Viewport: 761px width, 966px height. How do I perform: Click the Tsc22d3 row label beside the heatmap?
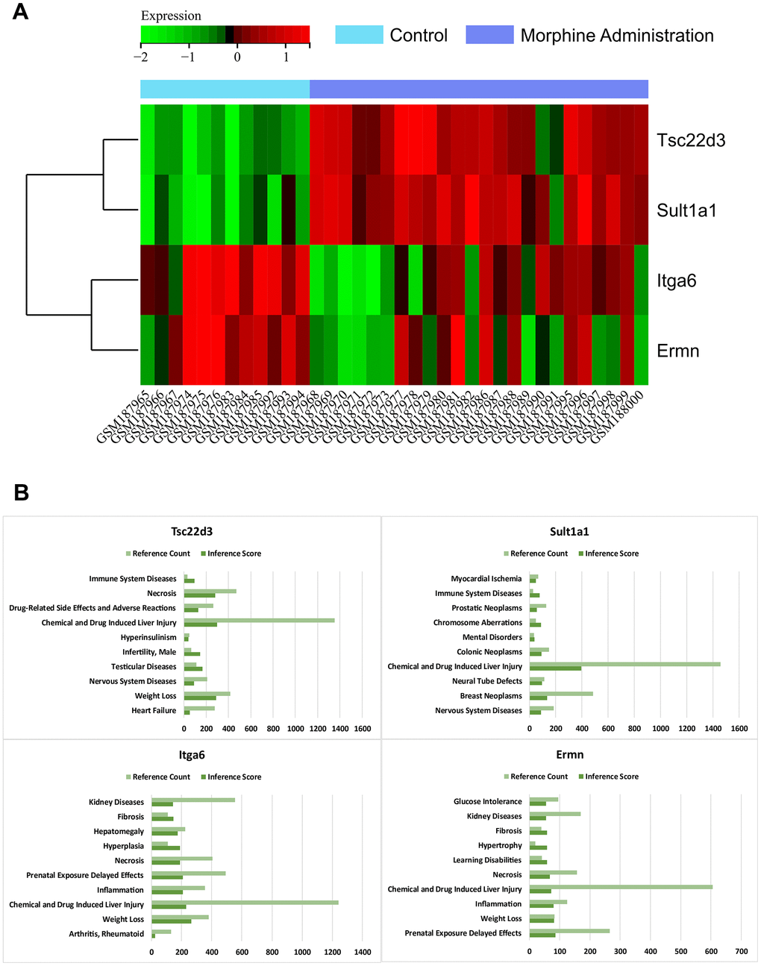pos(690,140)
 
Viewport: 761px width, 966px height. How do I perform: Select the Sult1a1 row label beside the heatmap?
pos(686,210)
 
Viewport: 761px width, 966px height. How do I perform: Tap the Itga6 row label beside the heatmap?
pos(676,280)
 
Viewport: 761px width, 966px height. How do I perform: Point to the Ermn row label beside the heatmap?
pos(677,351)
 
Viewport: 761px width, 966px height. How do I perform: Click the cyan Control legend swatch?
pos(359,35)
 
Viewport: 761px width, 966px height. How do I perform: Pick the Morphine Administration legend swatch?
pos(489,35)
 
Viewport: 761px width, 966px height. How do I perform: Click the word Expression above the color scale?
pos(171,16)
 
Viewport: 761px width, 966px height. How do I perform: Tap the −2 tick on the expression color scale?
pos(141,57)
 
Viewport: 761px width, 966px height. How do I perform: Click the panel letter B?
pos(21,492)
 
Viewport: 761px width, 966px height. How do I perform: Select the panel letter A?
pos(21,12)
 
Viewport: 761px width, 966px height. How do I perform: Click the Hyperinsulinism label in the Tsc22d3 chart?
pos(149,637)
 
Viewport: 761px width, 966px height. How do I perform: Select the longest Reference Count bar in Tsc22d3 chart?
pos(259,620)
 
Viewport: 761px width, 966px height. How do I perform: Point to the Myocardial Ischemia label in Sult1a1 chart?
pos(486,578)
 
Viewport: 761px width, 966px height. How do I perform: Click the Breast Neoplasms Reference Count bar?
pos(561,694)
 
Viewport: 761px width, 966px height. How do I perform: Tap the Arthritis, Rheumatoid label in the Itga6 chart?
pos(107,933)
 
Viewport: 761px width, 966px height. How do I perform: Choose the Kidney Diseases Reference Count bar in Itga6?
pos(193,800)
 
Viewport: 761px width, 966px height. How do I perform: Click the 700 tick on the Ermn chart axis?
pos(741,951)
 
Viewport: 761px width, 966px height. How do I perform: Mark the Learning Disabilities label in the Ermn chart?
pos(487,860)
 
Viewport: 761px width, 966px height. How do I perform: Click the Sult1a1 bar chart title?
pos(569,531)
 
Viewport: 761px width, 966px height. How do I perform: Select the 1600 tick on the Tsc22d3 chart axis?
pos(362,729)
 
